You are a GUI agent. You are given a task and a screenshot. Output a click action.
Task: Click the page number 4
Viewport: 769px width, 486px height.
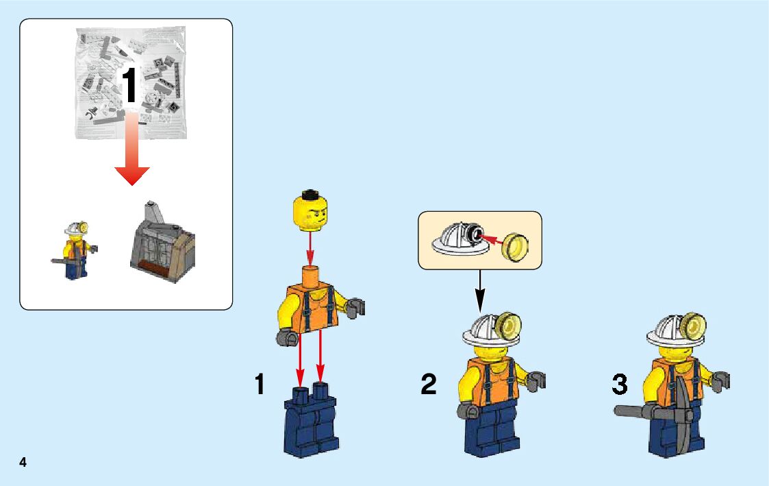pyautogui.click(x=23, y=462)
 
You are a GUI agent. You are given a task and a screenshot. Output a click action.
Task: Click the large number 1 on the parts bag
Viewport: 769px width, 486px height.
pyautogui.click(x=129, y=86)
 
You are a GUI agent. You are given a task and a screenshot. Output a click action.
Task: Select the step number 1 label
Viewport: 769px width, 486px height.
pyautogui.click(x=260, y=384)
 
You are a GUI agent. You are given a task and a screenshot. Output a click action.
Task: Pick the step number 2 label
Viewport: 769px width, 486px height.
pyautogui.click(x=428, y=384)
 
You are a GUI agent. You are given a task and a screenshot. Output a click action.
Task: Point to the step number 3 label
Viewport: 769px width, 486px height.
pyautogui.click(x=620, y=384)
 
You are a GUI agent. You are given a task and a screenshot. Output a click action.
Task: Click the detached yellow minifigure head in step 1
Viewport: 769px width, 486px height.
pyautogui.click(x=310, y=211)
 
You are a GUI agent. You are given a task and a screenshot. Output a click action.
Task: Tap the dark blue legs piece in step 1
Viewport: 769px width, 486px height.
pyautogui.click(x=311, y=421)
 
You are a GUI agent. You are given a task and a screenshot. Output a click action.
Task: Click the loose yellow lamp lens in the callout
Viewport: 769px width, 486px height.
pyautogui.click(x=516, y=247)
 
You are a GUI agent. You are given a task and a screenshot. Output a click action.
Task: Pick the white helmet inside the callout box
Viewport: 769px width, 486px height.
pyautogui.click(x=459, y=239)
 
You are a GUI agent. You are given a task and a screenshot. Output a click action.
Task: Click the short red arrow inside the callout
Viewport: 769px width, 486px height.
pyautogui.click(x=491, y=240)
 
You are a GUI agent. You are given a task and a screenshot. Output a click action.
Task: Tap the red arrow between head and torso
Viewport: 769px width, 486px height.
pyautogui.click(x=310, y=248)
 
